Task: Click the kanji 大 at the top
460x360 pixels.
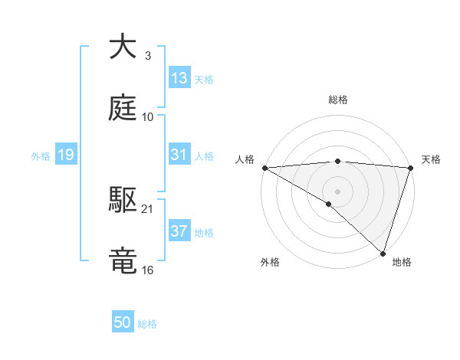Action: [x=123, y=47]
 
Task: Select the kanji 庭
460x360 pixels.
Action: [x=123, y=108]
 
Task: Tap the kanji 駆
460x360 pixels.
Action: [x=123, y=200]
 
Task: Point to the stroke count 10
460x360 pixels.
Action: [x=148, y=117]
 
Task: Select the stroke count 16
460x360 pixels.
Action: [x=148, y=270]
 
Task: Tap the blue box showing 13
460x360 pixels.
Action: [x=179, y=78]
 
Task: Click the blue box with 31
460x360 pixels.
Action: [x=179, y=155]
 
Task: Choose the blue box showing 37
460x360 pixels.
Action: [x=179, y=231]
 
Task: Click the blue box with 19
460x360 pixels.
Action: [x=66, y=155]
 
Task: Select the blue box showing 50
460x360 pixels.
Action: [x=123, y=323]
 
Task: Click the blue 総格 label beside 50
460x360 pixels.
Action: [x=147, y=324]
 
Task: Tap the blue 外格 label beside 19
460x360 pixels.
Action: [x=41, y=155]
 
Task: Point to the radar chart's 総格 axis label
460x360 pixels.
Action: [x=338, y=100]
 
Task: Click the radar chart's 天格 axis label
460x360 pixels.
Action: [x=431, y=159]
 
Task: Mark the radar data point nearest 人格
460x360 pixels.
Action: [x=264, y=168]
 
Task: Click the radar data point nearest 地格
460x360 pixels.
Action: [x=383, y=254]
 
